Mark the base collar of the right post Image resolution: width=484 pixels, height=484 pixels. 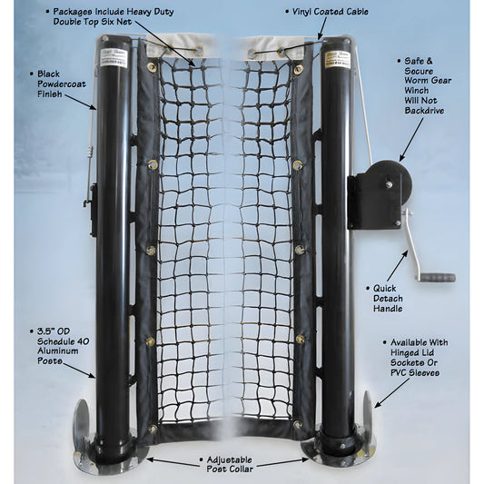(338, 449)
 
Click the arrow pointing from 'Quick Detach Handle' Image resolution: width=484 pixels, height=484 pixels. (396, 263)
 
